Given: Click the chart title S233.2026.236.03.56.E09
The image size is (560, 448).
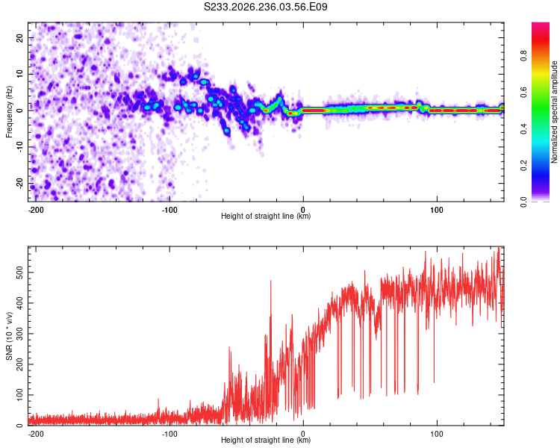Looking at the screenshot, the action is coord(265,7).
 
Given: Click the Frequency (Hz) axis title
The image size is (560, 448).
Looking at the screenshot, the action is coord(9,112).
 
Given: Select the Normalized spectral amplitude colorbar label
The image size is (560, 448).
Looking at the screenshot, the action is coord(554,112).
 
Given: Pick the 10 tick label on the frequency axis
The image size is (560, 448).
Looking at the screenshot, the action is coord(19,74).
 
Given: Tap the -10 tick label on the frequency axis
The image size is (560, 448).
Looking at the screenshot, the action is coord(19,147).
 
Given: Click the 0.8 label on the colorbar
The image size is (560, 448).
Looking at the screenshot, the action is coord(523,56).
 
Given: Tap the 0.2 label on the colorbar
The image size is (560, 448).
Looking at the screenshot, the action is coord(523,166).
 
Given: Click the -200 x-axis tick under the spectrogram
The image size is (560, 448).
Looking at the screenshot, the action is coord(36,210).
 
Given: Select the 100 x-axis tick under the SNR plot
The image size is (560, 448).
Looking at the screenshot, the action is coord(437,434).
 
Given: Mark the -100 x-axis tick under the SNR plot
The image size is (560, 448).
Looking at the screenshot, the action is coord(169,434).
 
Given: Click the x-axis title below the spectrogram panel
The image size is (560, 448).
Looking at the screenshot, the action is coord(266,216).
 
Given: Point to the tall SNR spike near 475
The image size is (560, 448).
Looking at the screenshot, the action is coord(271,281).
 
